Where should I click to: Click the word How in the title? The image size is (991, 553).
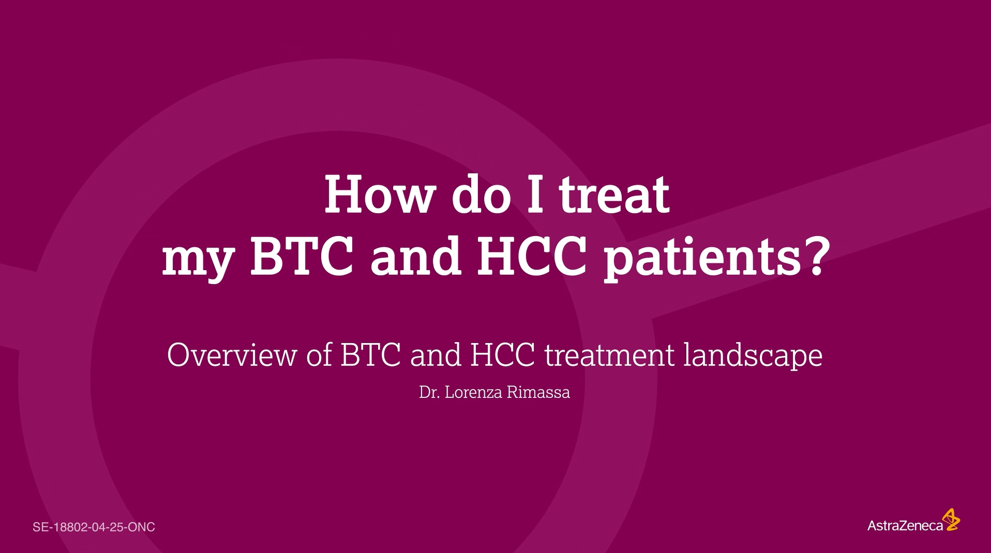[379, 194]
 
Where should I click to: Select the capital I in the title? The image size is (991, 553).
[536, 194]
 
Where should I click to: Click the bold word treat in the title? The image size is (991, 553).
[614, 196]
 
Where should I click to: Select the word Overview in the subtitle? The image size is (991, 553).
[232, 354]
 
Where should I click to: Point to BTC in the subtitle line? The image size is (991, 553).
[370, 355]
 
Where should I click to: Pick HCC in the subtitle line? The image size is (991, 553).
[502, 355]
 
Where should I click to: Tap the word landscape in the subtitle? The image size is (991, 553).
[753, 355]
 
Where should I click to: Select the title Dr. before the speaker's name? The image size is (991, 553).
[429, 393]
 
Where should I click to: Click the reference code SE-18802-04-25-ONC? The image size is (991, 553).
[94, 527]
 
